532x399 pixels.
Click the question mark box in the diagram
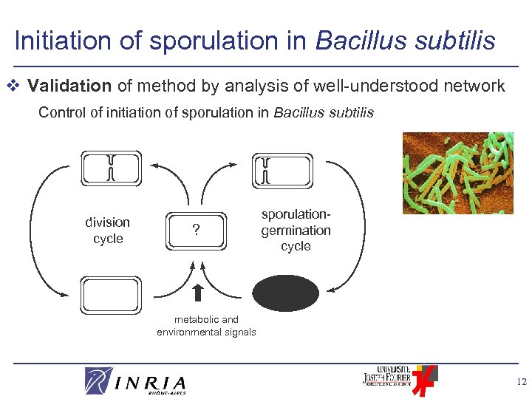195,230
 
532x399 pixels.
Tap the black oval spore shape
287,293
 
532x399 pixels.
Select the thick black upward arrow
197,293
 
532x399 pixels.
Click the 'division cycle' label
108,231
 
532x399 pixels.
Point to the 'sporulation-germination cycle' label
296,230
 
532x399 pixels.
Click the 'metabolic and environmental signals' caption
206,326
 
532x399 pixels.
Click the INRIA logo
135,381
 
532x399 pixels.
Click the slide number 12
522,381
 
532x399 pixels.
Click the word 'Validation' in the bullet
69,86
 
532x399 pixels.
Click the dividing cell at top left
111,168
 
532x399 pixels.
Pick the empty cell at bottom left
110,296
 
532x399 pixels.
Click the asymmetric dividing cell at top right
283,170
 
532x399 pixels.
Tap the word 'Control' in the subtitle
59,113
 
